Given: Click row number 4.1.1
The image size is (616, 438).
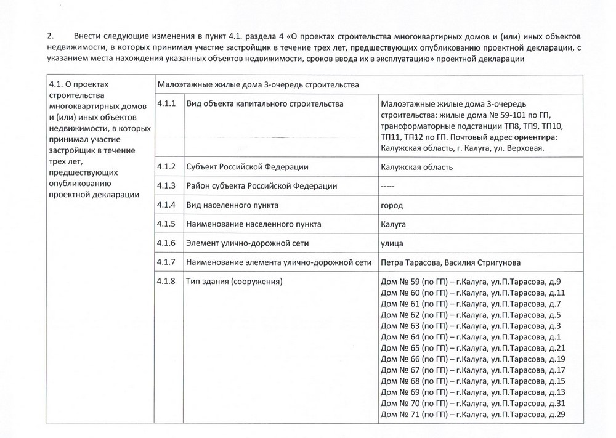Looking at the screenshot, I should pos(166,103).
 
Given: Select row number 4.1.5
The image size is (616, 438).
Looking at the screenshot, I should pos(166,224).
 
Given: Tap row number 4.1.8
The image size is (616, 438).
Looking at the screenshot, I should pos(166,282).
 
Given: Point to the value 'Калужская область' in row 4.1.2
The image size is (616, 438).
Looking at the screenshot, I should pos(417,167).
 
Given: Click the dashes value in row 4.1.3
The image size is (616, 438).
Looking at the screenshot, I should pos(388,186).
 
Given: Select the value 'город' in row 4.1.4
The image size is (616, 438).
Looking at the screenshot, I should pos(392,205).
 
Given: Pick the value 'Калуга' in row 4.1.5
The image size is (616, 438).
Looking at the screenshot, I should pos(394,224).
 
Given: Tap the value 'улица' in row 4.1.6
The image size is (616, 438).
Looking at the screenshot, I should pos(394,243).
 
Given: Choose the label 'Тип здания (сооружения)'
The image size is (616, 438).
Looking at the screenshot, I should pos(234,282).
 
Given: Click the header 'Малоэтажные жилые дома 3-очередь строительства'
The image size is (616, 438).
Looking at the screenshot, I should pos(258,84).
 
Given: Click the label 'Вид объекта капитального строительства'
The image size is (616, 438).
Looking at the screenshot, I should pos(265,103).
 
